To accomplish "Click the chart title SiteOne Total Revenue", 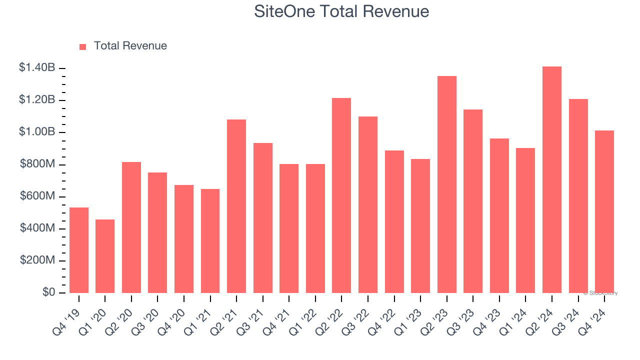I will pyautogui.click(x=341, y=11).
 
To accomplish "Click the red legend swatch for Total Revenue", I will pyautogui.click(x=83, y=46).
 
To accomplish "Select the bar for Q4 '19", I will pyautogui.click(x=79, y=250).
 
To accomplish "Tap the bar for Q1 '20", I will pyautogui.click(x=105, y=256).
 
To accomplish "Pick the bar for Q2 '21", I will pyautogui.click(x=236, y=206).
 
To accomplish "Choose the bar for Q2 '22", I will pyautogui.click(x=341, y=195).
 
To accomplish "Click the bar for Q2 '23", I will pyautogui.click(x=446, y=184).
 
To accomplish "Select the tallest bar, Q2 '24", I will pyautogui.click(x=551, y=179).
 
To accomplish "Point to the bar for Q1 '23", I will pyautogui.click(x=420, y=226).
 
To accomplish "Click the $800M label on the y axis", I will pyautogui.click(x=37, y=164).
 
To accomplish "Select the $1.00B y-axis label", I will pyautogui.click(x=37, y=132).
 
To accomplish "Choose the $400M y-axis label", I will pyautogui.click(x=37, y=228).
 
